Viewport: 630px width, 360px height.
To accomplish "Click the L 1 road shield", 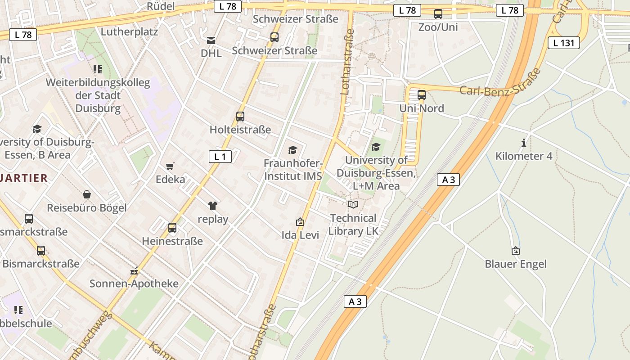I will pos(220,157).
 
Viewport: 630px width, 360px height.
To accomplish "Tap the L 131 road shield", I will pos(563,43).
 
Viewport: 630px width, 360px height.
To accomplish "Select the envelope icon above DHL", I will pos(211,40).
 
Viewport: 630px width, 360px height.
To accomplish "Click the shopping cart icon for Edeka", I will pos(170,166).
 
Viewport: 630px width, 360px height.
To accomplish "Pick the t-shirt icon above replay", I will pos(213,206).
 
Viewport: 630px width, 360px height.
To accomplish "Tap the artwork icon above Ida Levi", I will pos(300,222).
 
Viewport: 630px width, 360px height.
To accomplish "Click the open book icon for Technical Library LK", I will pos(353,205).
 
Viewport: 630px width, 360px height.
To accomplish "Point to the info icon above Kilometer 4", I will pos(524,143).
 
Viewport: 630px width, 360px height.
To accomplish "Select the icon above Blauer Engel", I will pos(516,251).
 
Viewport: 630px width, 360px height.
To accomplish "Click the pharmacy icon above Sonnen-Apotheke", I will pos(134,271).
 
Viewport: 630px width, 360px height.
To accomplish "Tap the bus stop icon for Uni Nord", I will pos(422,95).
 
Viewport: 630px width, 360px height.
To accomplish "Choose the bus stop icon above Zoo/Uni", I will pos(438,14).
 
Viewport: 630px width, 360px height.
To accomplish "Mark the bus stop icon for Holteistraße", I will pos(240,117).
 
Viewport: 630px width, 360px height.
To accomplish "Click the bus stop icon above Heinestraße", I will pos(172,228).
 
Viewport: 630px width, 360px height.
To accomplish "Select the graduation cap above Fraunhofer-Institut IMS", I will pos(293,150).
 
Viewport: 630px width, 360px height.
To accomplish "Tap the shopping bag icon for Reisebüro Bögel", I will pos(87,194).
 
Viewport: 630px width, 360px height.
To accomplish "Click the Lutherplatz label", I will pos(129,32).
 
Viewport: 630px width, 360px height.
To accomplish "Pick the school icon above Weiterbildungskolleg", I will pos(97,69).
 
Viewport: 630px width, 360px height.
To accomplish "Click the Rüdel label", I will pos(161,6).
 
